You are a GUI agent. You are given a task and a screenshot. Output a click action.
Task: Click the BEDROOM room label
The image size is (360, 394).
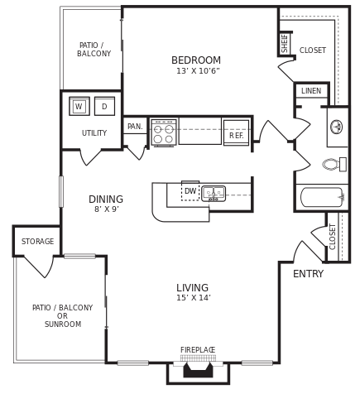coord(196,60)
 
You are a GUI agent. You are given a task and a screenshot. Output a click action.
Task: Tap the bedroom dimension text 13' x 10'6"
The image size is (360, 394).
coord(198,71)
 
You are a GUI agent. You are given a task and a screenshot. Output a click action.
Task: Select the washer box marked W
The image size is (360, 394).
coord(79,106)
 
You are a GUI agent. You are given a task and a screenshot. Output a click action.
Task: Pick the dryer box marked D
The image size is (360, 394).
coord(104,106)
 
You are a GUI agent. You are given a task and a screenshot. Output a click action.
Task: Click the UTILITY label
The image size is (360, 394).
coord(94,133)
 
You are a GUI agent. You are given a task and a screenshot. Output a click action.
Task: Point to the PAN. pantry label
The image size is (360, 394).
coord(135,127)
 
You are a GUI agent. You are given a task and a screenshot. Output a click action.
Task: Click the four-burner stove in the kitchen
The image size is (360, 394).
coord(163,133)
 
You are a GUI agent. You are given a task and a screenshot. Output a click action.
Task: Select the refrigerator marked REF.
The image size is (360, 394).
coord(236,134)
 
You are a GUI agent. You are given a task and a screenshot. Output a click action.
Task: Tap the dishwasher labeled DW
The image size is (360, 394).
coord(190,191)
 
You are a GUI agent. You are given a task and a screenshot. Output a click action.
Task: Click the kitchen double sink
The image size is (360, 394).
coord(214,193)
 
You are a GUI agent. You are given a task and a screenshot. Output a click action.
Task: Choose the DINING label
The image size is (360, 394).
coord(106,199)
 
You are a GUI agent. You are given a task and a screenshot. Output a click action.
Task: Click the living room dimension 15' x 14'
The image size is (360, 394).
coord(193,298)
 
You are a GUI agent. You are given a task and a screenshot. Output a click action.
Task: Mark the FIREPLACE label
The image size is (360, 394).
coord(198,350)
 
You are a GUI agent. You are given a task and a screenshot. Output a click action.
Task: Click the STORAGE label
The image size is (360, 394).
coord(37,242)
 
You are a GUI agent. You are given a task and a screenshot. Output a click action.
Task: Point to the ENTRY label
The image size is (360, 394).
coord(308,274)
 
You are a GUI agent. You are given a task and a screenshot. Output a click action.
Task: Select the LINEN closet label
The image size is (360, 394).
coord(311,91)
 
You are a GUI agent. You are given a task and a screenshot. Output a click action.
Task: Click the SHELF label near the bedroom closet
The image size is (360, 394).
coord(285,43)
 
